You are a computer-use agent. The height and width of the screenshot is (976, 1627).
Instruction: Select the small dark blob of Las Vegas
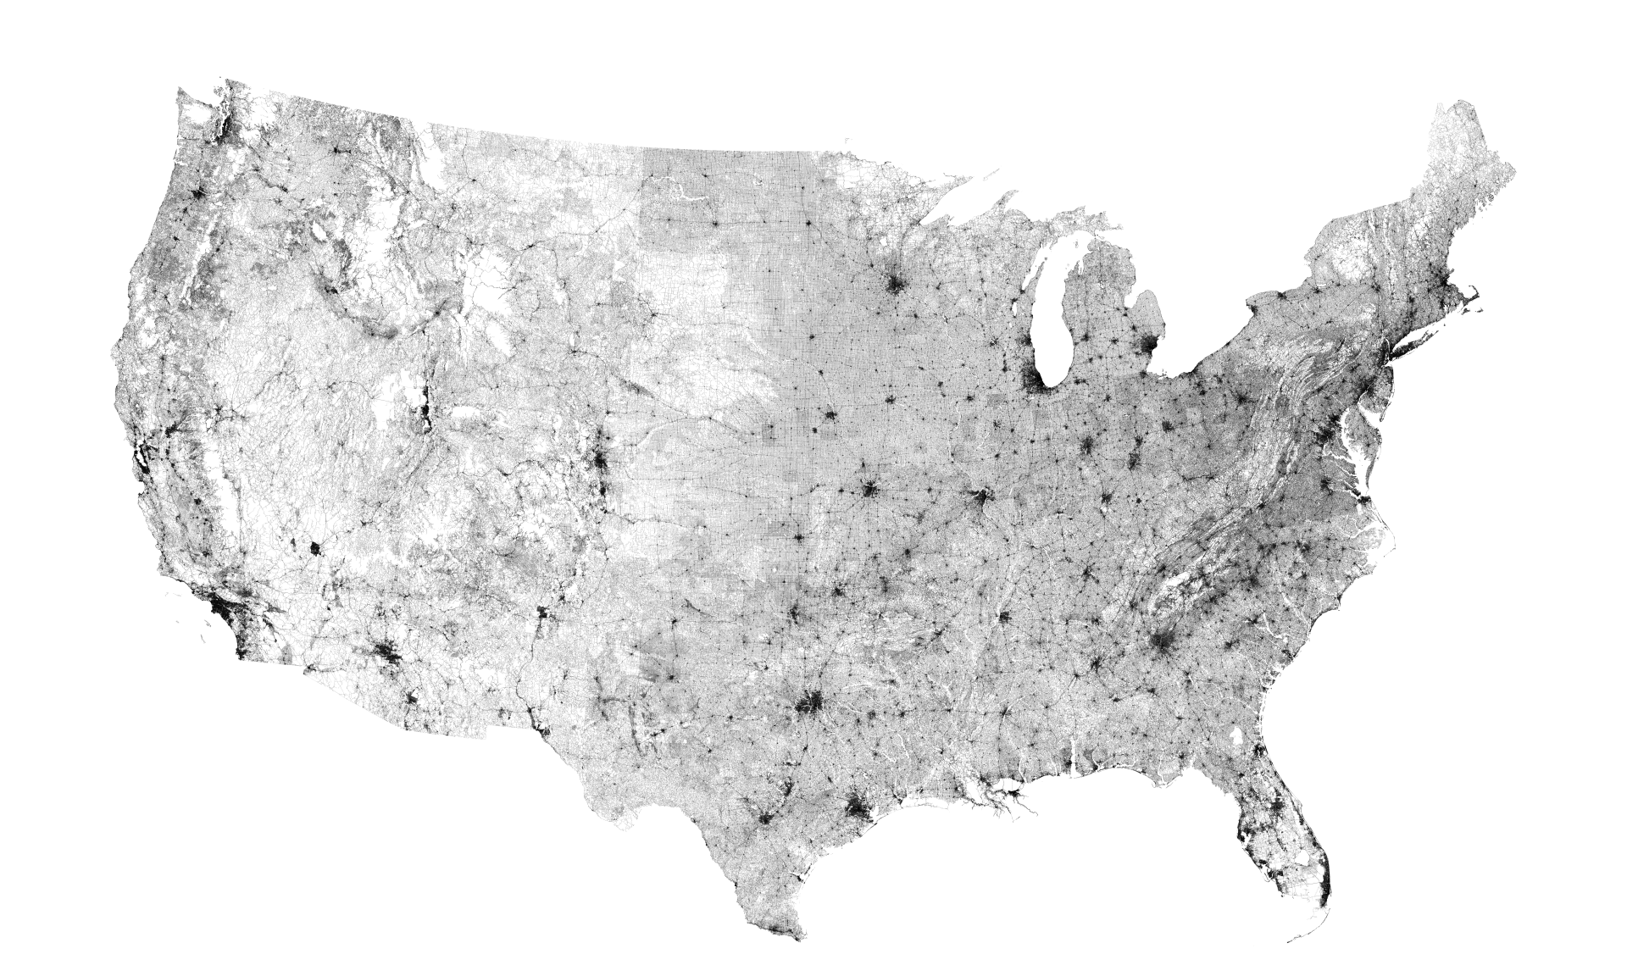(314, 549)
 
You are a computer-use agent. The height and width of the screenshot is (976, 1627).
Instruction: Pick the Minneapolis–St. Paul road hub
(895, 282)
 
